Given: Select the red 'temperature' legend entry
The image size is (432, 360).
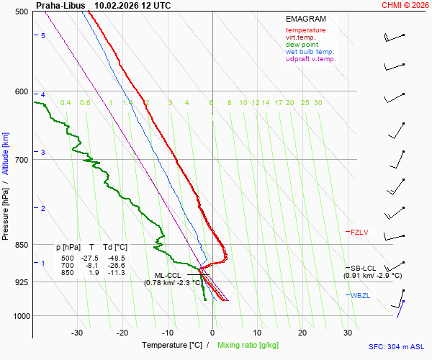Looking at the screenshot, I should pyautogui.click(x=305, y=30).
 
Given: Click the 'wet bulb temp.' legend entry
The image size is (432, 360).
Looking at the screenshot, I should pyautogui.click(x=310, y=52).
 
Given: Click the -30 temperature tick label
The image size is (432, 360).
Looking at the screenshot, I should pyautogui.click(x=78, y=333).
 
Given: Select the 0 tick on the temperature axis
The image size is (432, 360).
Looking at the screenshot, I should pyautogui.click(x=212, y=333).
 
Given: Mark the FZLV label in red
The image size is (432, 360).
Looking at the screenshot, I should pyautogui.click(x=359, y=232).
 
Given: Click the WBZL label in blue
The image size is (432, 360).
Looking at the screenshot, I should pyautogui.click(x=359, y=296).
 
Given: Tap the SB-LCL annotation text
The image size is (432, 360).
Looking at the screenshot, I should pyautogui.click(x=364, y=268).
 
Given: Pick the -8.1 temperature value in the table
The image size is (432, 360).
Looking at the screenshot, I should pyautogui.click(x=91, y=266).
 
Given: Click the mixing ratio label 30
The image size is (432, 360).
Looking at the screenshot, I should pyautogui.click(x=318, y=103).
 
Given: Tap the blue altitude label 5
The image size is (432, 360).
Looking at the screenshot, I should pyautogui.click(x=42, y=35).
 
